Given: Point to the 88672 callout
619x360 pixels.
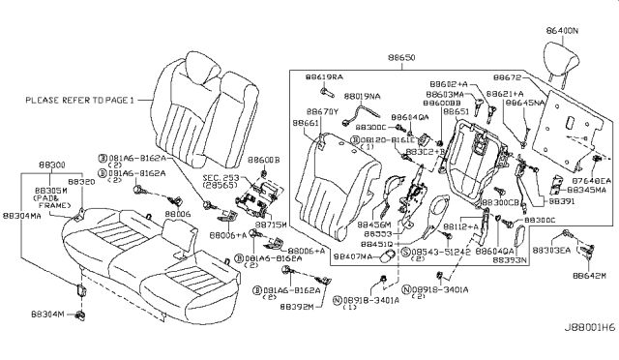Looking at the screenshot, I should coord(509,75).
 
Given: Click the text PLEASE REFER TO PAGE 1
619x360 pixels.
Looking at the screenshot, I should coord(80,99).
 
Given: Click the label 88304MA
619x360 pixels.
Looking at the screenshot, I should coord(21,218).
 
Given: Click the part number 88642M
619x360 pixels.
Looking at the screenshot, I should coord(588,276).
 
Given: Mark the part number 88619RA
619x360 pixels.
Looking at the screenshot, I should coord(326,75).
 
